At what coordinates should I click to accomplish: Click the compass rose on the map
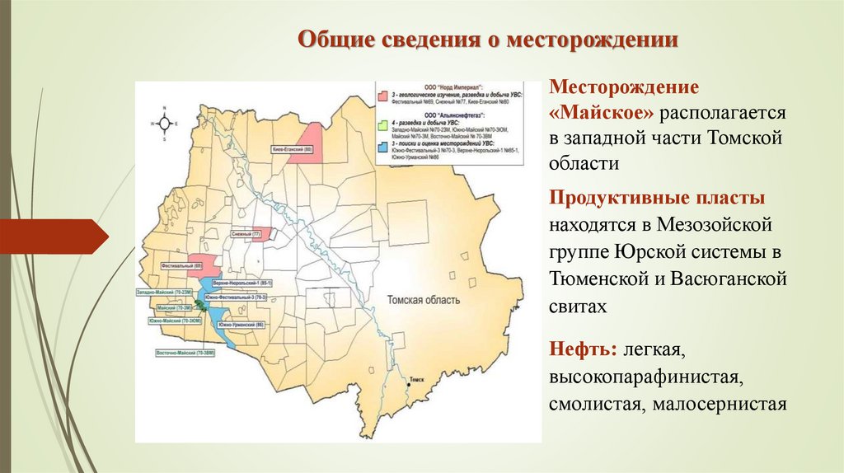[165, 124]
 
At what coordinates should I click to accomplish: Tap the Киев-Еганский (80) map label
[292, 150]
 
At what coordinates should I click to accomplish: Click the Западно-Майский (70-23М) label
[163, 292]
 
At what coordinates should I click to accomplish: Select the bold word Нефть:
[584, 351]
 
